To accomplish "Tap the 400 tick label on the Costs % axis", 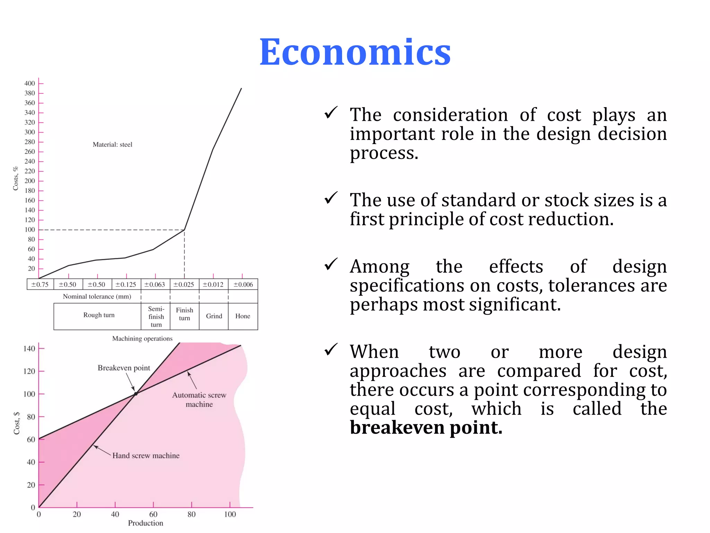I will coord(29,83).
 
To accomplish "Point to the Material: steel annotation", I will coord(112,144).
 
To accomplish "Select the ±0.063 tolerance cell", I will coord(155,285).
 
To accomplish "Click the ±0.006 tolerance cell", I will coord(243,285).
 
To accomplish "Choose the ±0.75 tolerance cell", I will coord(40,285).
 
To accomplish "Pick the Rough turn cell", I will coord(98,315).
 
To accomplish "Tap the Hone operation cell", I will coord(243,316).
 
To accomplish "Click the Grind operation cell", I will coord(214,316).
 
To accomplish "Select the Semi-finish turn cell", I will coord(156,316).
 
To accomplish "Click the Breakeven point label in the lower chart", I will coord(124,368).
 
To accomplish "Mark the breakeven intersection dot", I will coord(136,394).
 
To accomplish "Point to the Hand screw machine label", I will coord(146,456).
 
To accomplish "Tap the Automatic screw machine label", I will coord(199,399).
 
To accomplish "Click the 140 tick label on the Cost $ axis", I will coord(29,348).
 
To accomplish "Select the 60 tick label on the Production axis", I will coord(153,514).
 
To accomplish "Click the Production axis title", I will coord(145,523).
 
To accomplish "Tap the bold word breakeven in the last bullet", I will coord(397,428).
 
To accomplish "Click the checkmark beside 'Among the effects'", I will coord(331,265).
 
